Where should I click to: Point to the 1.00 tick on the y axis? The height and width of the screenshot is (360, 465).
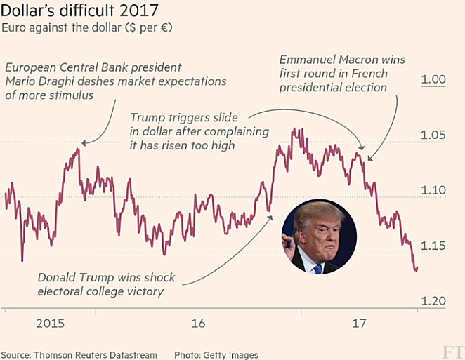[433, 79]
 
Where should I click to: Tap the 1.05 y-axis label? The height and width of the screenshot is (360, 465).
[433, 135]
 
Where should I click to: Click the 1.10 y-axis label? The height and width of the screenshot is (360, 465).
[433, 190]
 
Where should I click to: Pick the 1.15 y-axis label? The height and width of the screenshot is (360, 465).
[433, 246]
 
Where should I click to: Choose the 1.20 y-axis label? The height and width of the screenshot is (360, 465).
[433, 301]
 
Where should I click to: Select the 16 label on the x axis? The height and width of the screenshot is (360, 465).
[198, 324]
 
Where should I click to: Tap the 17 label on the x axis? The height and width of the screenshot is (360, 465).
[359, 324]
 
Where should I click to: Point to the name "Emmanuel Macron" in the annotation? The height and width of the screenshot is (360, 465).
[322, 60]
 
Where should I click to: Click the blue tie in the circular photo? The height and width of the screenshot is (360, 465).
[318, 268]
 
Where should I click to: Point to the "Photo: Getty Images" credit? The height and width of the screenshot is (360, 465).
[216, 354]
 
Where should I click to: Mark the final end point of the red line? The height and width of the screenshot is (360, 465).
[417, 269]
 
